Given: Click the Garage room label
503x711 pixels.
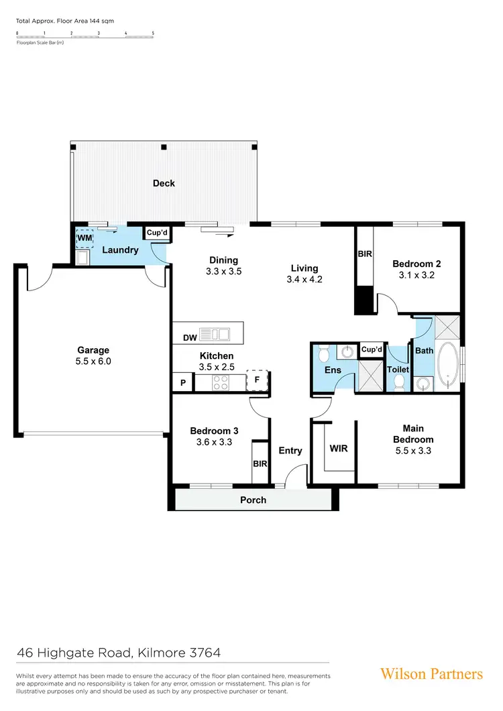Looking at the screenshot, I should (x=93, y=349).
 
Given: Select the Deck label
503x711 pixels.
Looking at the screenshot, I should (x=164, y=183).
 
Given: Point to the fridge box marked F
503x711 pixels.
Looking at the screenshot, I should (x=256, y=380).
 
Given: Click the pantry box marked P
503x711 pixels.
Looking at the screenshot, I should (x=182, y=383).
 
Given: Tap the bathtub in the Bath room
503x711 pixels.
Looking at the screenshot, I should (x=447, y=366).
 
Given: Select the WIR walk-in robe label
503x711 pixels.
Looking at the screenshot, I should (x=339, y=448).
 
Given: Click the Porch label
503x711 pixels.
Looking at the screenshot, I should (x=253, y=500).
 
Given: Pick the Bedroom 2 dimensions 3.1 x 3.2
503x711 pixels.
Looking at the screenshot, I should (x=416, y=274).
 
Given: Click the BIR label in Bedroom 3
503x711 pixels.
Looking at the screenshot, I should (x=260, y=463).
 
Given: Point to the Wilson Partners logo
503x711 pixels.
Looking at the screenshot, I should (x=431, y=673).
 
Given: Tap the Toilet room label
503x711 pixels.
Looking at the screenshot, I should (x=398, y=369).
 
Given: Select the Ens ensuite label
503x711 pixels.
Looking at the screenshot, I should (x=333, y=370).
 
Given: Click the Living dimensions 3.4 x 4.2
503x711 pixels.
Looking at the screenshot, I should (x=304, y=280).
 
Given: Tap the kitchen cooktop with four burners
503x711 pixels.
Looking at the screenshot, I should (x=221, y=383).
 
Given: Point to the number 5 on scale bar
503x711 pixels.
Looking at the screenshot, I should (x=153, y=33).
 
